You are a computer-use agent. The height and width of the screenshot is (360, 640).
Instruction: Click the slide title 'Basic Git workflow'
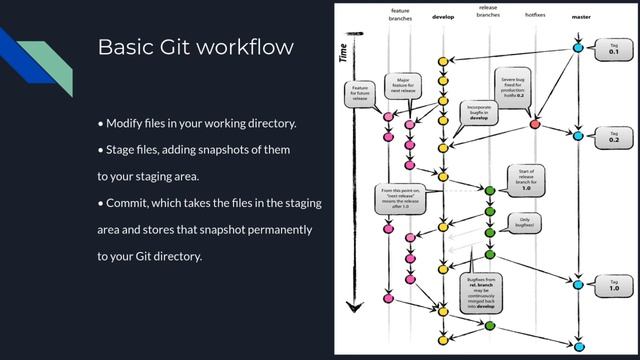195,48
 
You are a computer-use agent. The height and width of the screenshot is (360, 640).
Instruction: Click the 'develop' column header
442,17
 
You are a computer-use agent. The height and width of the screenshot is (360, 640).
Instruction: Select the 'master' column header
580,17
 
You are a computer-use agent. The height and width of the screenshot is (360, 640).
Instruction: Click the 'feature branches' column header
400,14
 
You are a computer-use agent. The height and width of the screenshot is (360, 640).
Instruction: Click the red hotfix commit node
535,124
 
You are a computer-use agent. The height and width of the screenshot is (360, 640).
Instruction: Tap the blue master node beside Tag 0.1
578,47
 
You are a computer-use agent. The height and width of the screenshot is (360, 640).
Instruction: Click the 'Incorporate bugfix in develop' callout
477,111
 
